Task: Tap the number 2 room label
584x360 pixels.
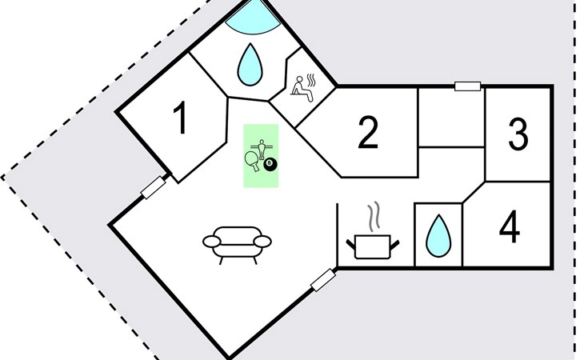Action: (367, 134)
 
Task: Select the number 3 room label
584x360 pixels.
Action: (518, 134)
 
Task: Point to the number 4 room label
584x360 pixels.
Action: (509, 228)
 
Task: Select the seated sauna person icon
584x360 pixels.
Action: (300, 87)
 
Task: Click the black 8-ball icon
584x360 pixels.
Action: (270, 165)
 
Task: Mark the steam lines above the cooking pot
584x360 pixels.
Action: (373, 217)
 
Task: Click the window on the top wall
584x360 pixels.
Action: (467, 86)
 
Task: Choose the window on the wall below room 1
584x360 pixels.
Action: (152, 189)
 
